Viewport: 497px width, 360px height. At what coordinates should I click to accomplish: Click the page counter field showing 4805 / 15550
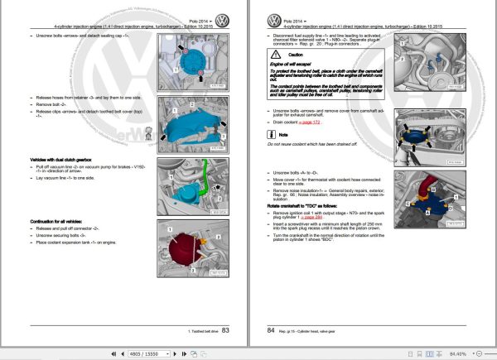pos(150,353)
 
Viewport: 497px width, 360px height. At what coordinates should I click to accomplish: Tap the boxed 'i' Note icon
pos(276,157)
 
